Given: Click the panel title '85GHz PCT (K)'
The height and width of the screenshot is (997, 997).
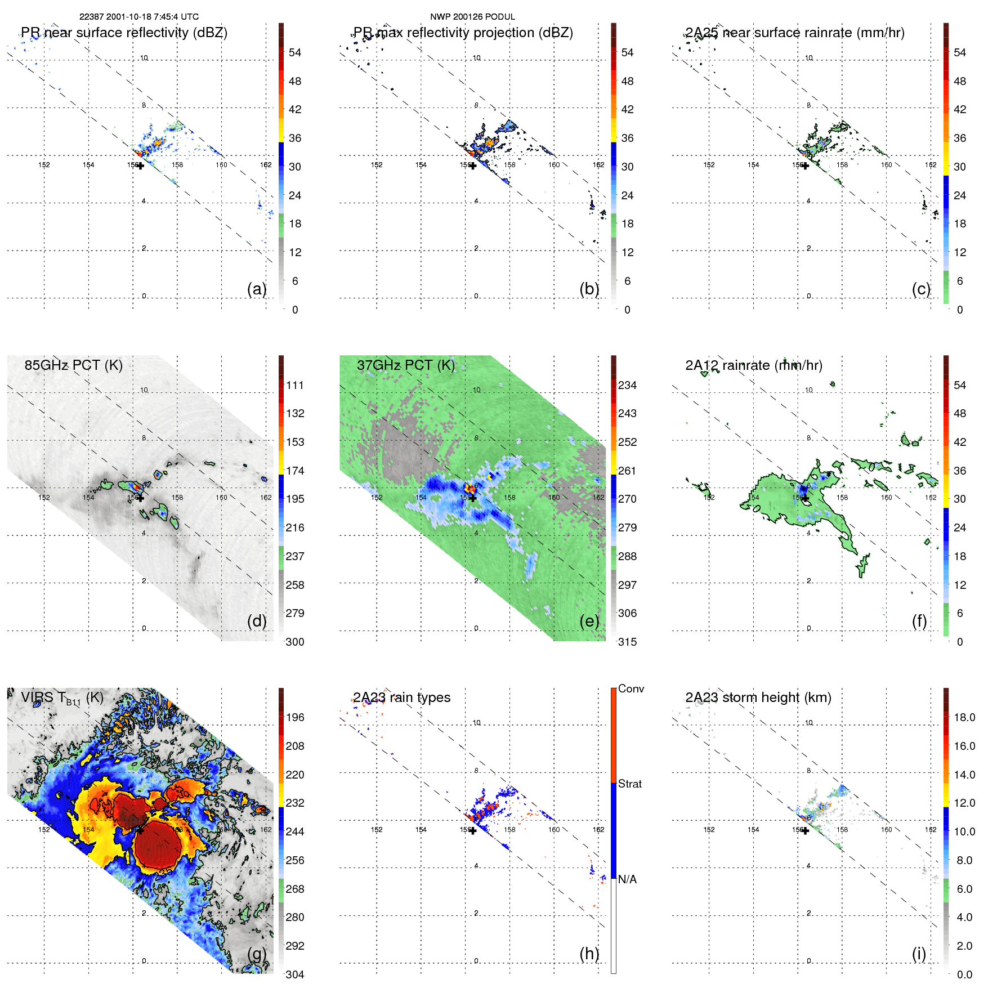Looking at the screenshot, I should tap(73, 365).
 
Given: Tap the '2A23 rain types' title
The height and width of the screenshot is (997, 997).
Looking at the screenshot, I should tap(401, 698).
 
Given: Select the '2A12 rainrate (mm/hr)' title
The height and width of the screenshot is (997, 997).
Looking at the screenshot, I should tap(753, 365).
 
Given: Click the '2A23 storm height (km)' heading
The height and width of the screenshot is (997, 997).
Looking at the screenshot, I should tap(758, 698).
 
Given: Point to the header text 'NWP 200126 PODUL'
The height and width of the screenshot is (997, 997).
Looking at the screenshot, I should tap(472, 17).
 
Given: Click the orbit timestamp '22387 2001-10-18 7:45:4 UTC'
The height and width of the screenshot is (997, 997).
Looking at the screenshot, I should tap(138, 17).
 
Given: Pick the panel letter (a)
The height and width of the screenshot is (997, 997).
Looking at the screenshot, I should tap(257, 289).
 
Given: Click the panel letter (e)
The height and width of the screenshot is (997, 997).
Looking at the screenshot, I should tap(589, 621).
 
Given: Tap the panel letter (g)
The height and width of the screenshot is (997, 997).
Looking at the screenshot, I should tap(257, 954).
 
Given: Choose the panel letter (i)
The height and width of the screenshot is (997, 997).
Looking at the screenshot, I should tap(919, 954).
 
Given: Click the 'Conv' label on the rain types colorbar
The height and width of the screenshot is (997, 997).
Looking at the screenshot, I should tap(631, 688).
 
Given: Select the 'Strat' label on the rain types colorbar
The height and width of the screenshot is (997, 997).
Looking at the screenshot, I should tap(629, 784).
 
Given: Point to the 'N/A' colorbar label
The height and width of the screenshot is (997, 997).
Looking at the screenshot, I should tap(627, 879).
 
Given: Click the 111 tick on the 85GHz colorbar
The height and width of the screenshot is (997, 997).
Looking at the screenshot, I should tap(295, 385).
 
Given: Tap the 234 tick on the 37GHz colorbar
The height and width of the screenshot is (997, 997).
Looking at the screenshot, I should tap(627, 385).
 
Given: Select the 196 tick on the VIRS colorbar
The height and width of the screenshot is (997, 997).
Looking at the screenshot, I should tap(295, 717).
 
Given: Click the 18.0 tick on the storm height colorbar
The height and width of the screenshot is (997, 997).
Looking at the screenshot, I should tap(964, 717).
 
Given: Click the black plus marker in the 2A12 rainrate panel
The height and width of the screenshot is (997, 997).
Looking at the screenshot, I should tap(805, 498).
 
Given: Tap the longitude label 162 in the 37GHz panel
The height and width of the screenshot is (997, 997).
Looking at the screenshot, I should tap(598, 498).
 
